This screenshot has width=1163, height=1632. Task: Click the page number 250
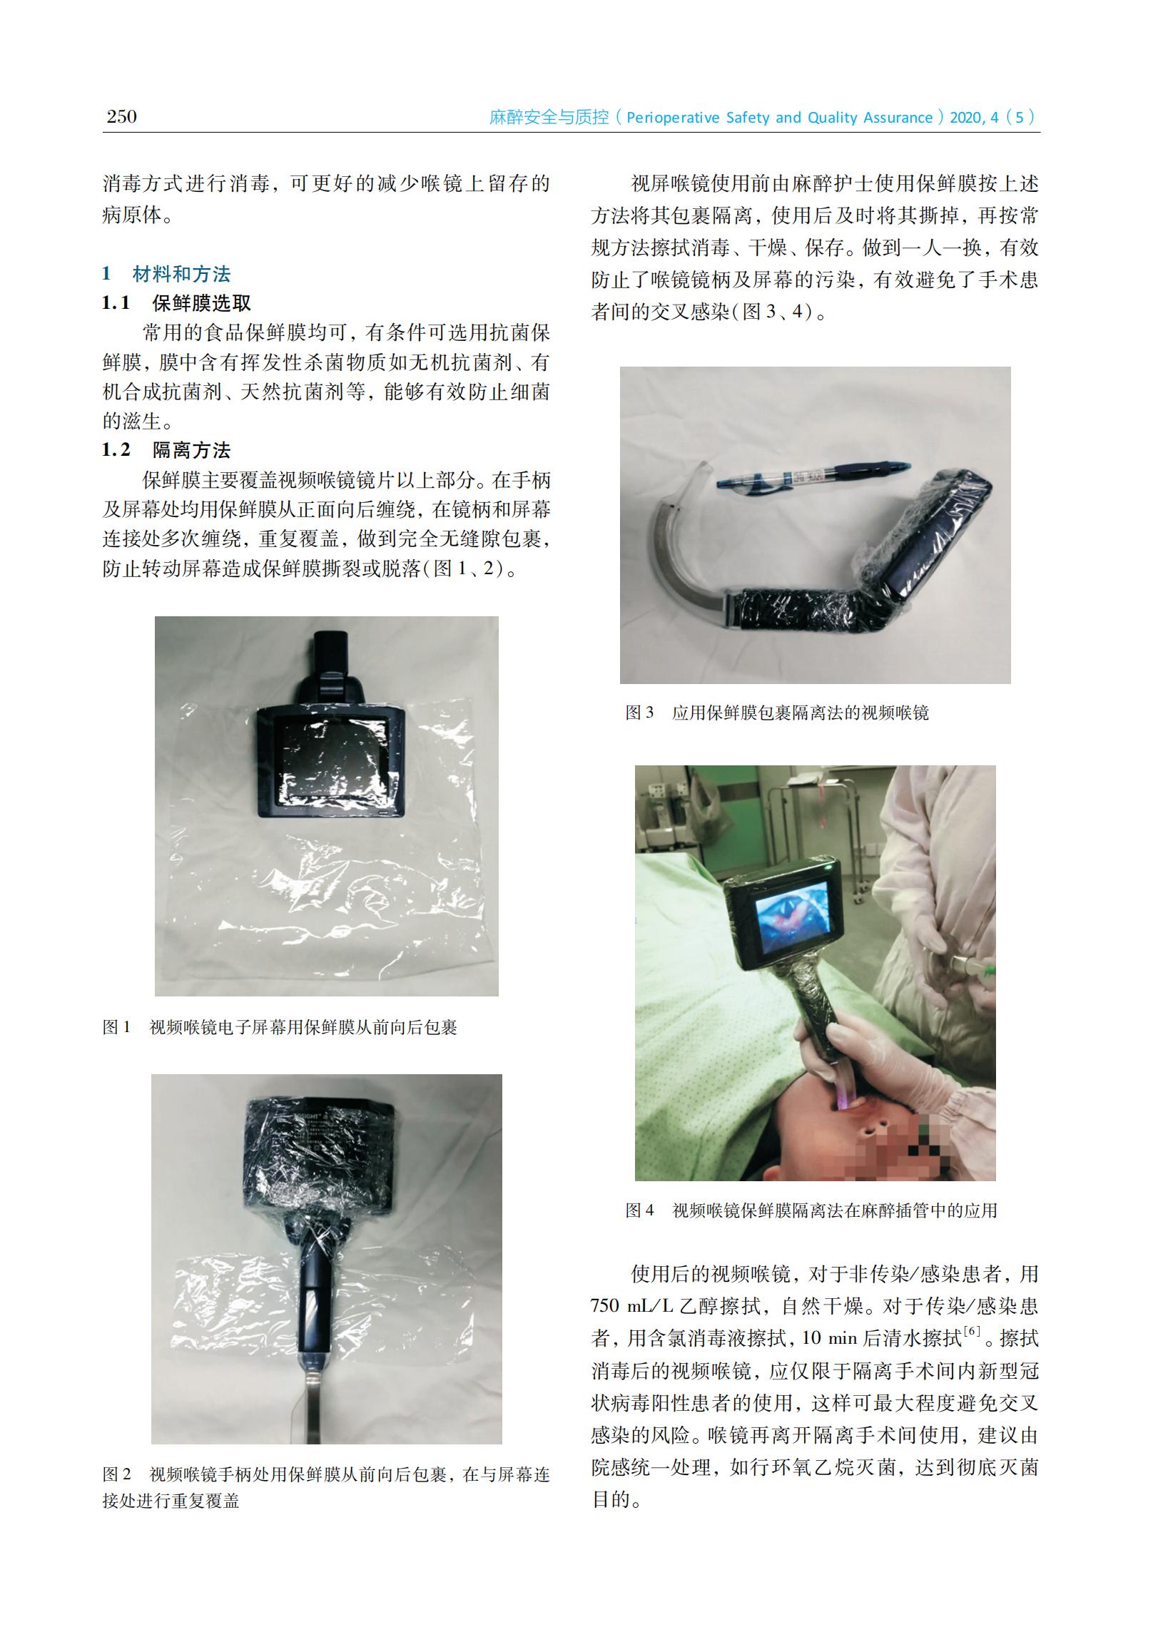(121, 117)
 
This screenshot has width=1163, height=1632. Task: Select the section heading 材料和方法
(181, 273)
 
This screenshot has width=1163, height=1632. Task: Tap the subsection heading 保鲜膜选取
(201, 302)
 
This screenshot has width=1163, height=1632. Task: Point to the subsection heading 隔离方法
(191, 450)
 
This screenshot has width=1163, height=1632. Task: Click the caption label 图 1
(117, 1027)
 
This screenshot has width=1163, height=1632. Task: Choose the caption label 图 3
(639, 712)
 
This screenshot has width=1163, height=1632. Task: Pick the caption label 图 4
(639, 1210)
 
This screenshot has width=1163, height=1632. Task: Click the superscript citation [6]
(972, 1332)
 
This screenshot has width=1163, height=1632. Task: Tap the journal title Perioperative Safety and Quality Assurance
(779, 118)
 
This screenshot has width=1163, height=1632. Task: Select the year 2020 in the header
(967, 118)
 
